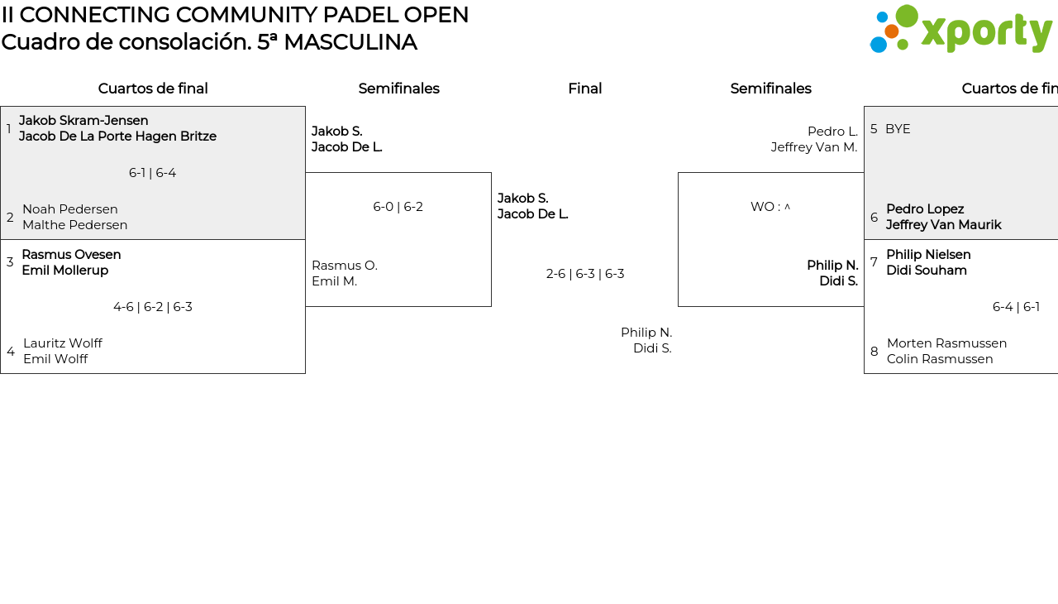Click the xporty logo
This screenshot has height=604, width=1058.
pos(960,30)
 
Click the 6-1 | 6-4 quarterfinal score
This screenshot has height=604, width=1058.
pos(152,173)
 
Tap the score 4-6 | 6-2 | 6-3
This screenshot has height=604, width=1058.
pos(152,307)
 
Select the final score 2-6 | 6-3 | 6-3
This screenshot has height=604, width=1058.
pos(585,274)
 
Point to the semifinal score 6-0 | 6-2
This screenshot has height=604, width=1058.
pos(398,207)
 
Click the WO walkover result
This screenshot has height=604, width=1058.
pos(770,207)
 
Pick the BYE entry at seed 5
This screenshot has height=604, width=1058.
pos(898,129)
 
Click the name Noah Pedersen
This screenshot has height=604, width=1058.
pos(70,209)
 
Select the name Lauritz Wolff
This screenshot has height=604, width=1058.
pos(63,343)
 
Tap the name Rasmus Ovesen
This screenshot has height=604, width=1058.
pos(71,255)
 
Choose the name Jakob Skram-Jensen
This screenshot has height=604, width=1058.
pos(83,121)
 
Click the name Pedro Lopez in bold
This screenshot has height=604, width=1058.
pos(925,209)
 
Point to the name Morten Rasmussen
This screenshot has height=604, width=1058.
pos(946,343)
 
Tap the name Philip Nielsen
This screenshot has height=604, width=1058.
pos(928,255)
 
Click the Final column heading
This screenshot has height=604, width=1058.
pos(584,89)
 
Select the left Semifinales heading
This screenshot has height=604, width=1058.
pos(398,89)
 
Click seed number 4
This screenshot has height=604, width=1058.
pos(11,352)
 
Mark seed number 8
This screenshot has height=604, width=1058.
pos(875,352)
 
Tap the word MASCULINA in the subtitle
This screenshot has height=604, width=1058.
pos(350,42)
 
